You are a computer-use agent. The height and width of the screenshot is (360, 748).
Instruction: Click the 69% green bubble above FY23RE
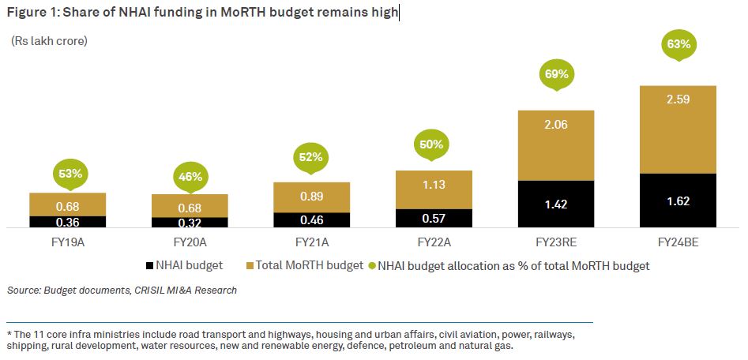pyautogui.click(x=556, y=76)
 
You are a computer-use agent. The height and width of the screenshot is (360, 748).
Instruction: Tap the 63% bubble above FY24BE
pyautogui.click(x=678, y=44)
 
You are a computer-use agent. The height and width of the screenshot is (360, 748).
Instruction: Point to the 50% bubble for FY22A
pyautogui.click(x=434, y=144)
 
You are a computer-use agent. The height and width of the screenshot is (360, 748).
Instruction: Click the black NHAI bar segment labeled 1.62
pyautogui.click(x=678, y=201)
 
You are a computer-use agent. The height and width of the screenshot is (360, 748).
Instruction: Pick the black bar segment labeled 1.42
pyautogui.click(x=556, y=204)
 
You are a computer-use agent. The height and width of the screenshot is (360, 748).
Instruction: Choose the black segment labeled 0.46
pyautogui.click(x=311, y=220)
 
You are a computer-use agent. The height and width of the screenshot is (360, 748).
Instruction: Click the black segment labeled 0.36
pyautogui.click(x=67, y=222)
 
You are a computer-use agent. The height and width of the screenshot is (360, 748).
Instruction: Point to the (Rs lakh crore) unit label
pyautogui.click(x=49, y=40)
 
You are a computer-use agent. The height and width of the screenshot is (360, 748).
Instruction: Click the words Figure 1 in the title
pyautogui.click(x=29, y=12)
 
